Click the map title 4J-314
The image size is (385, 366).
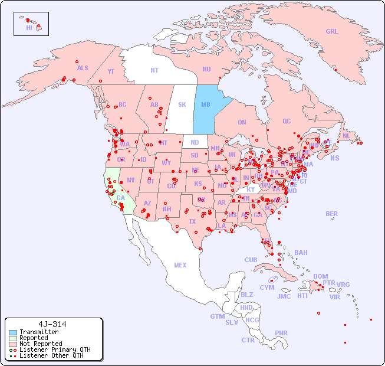point(52,324)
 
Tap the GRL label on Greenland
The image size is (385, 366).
point(332,31)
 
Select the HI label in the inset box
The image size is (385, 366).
point(29,27)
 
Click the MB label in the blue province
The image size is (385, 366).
point(206,104)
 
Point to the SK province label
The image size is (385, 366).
point(182,104)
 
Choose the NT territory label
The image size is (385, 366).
point(154,70)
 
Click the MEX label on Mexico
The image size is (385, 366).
point(180,265)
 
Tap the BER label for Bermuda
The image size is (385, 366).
point(331,214)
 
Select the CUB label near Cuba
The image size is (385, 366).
point(251,260)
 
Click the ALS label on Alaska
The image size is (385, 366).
point(83,68)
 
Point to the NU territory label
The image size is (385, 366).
point(206,69)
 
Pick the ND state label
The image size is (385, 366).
point(195,142)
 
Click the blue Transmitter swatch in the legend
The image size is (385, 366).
point(14,332)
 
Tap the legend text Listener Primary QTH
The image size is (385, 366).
point(55,349)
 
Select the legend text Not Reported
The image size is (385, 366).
point(41,344)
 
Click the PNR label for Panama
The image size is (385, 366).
point(281,333)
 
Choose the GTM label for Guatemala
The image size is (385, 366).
point(217,316)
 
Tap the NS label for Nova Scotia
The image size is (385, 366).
point(334,158)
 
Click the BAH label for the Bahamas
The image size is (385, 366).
point(301,253)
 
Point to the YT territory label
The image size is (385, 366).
point(111,71)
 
